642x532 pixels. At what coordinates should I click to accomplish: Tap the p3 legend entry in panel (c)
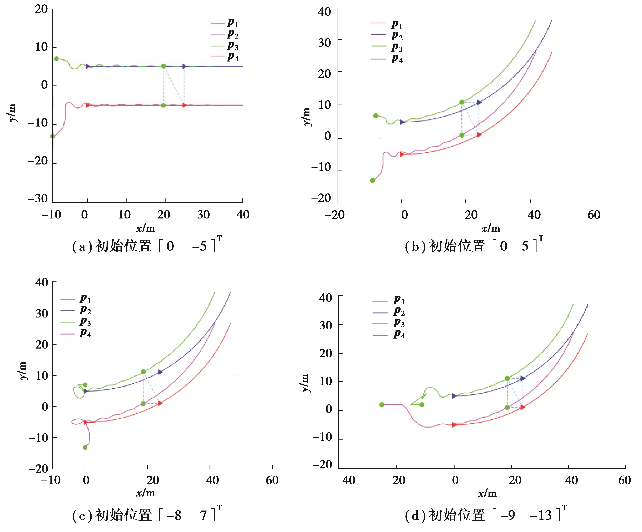pos(76,322)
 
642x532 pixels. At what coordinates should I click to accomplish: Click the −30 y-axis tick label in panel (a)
pos(38,199)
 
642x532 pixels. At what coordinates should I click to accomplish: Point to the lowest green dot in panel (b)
pos(372,180)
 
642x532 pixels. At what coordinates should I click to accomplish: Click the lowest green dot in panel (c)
pos(85,447)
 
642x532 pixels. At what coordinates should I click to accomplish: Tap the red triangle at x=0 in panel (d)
pos(454,425)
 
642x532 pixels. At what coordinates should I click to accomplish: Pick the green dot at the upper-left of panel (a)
pos(56,59)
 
